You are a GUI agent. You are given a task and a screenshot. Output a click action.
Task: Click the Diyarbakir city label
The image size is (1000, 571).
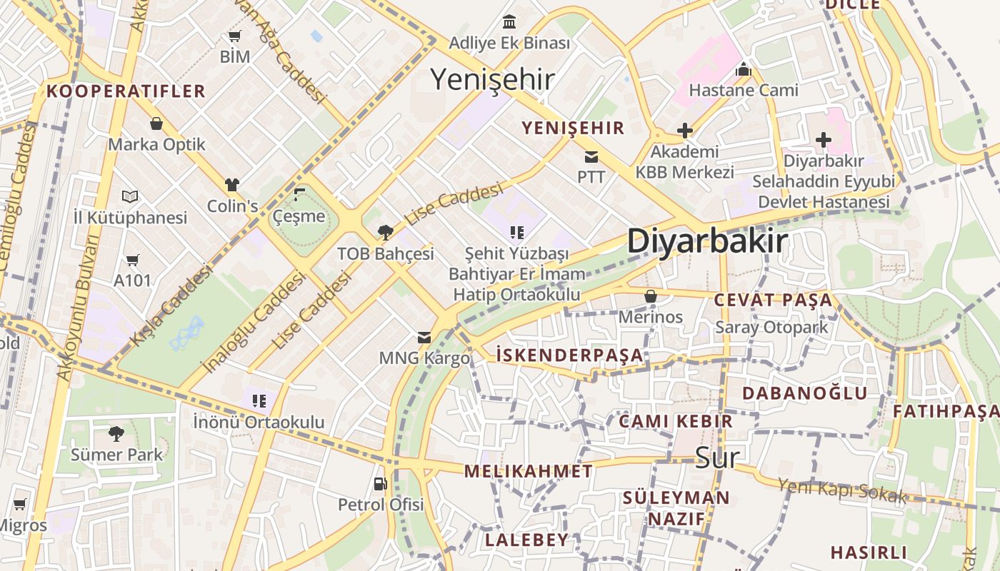click(707, 241)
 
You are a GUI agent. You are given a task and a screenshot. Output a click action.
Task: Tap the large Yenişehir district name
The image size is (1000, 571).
click(492, 79)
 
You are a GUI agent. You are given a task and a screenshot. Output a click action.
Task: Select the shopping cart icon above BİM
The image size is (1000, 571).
click(234, 36)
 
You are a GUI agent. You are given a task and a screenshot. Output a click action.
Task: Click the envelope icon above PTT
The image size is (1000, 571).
click(591, 156)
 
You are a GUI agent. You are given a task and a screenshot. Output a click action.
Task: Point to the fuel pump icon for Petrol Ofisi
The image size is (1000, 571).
click(380, 483)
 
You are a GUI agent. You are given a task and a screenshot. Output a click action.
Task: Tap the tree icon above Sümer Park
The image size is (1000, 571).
click(116, 433)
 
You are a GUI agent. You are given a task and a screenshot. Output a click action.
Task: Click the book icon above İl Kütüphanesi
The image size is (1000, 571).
click(130, 196)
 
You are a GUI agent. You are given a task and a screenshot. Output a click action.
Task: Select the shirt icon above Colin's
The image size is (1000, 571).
click(231, 185)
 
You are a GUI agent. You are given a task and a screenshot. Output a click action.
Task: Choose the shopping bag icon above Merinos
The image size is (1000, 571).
click(650, 295)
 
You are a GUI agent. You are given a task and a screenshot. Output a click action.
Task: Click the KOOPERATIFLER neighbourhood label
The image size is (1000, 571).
click(126, 91)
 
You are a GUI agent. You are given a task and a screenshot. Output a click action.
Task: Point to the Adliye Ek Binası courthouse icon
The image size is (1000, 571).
click(509, 21)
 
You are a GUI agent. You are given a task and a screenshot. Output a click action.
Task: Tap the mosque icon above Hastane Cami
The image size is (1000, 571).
click(743, 69)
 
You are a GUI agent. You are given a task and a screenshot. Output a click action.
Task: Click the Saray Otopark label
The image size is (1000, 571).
click(771, 328)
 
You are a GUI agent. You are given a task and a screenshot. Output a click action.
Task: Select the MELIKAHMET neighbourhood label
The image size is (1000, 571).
click(528, 471)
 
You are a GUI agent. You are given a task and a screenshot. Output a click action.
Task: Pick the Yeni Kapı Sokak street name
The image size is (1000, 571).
click(841, 491)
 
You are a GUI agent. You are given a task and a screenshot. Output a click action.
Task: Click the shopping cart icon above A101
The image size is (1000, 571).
click(132, 259)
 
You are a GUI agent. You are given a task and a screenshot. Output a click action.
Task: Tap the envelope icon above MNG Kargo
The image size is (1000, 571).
click(424, 337)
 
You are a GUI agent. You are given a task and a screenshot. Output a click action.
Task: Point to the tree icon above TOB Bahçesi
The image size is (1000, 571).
click(386, 232)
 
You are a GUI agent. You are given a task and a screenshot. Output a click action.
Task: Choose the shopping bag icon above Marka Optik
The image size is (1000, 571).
click(156, 123)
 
